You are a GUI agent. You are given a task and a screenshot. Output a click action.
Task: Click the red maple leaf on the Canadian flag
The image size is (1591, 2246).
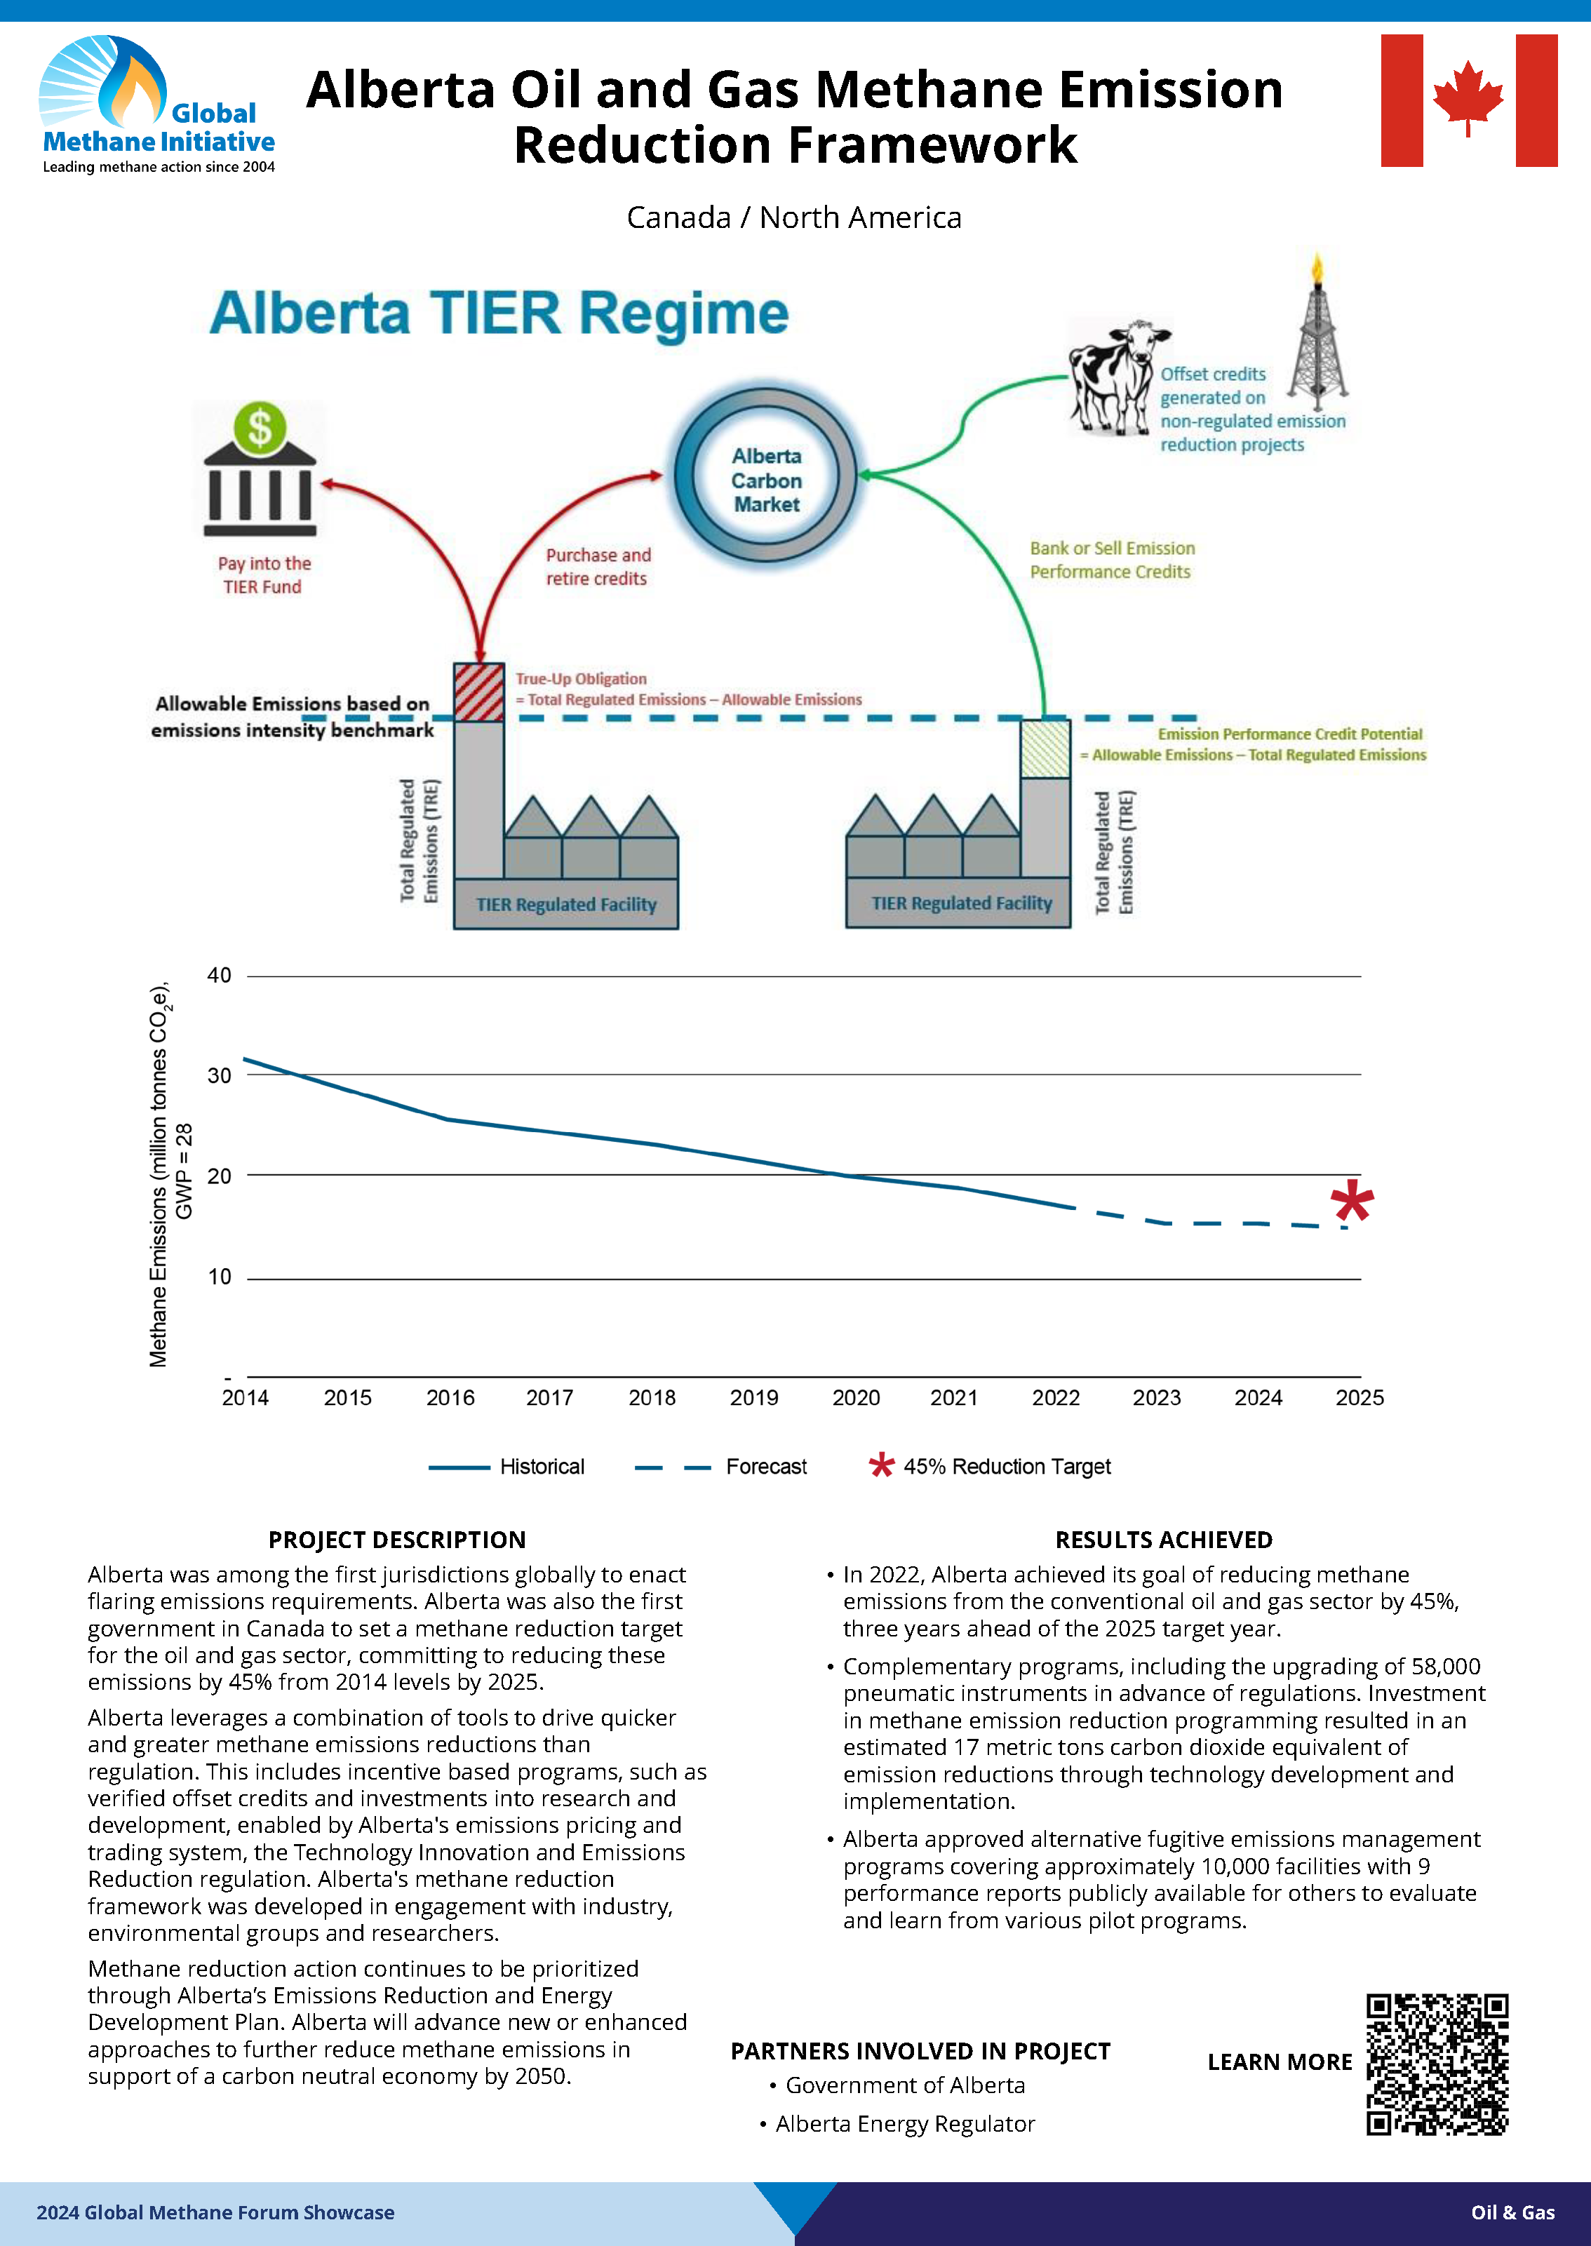point(1468,98)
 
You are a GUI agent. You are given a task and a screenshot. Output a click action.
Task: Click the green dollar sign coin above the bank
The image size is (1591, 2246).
point(260,428)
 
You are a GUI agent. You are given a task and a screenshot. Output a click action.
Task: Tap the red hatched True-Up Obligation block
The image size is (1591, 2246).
point(479,692)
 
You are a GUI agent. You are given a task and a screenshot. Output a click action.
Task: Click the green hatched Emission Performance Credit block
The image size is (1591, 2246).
point(1045,749)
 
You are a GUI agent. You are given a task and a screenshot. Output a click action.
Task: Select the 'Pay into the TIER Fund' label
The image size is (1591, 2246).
point(264,575)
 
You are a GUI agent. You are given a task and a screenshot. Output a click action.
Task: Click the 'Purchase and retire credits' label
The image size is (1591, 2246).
point(598,566)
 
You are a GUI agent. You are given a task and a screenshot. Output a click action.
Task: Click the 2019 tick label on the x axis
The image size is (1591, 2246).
point(753,1398)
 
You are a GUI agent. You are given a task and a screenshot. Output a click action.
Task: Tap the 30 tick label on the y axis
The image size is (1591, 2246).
point(220,1075)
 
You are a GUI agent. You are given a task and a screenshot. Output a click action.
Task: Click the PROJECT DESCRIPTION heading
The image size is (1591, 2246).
point(397,1540)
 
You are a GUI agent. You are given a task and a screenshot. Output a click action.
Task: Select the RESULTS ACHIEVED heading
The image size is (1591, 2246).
point(1163,1540)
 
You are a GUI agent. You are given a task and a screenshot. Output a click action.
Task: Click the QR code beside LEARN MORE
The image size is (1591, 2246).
point(1437,2064)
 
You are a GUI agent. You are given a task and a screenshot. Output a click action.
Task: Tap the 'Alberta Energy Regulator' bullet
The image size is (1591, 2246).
point(904,2123)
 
